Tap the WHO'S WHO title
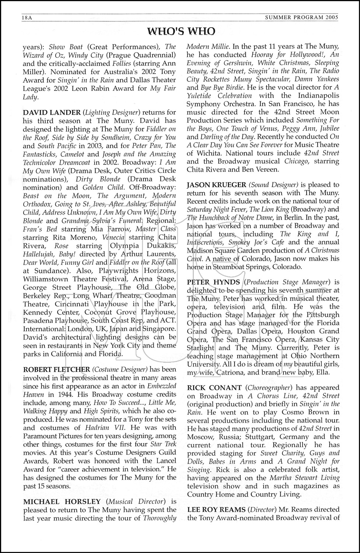point(181,32)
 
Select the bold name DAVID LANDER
point(52,112)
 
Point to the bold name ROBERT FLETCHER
point(56,369)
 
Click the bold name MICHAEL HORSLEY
point(62,501)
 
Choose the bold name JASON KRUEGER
point(216,185)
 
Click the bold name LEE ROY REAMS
point(216,509)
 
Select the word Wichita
point(204,153)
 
